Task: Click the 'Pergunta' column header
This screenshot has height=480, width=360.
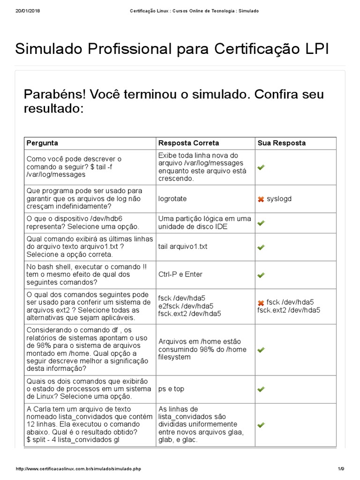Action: coord(42,143)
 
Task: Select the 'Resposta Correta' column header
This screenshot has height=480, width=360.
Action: coord(188,143)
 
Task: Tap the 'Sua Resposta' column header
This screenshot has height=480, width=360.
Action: coord(281,143)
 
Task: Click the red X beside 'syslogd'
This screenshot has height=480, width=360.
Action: coord(261,199)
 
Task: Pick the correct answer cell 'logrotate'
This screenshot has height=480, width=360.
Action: coord(172,199)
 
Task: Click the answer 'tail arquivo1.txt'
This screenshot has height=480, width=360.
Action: coord(183,247)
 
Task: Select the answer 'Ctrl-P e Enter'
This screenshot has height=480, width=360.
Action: coord(180,274)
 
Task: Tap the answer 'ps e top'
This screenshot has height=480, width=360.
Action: coord(172,389)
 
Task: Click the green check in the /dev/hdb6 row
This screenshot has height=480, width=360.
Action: coord(261,223)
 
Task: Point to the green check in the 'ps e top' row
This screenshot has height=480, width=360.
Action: coord(261,389)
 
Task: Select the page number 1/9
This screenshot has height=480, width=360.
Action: coord(341,469)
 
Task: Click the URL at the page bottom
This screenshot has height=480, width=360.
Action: coord(78,469)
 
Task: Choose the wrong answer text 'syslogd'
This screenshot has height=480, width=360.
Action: coord(279,199)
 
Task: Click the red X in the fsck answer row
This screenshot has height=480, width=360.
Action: coord(261,302)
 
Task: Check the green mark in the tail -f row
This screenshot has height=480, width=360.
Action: coord(261,167)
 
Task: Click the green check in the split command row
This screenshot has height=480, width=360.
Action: coord(261,425)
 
